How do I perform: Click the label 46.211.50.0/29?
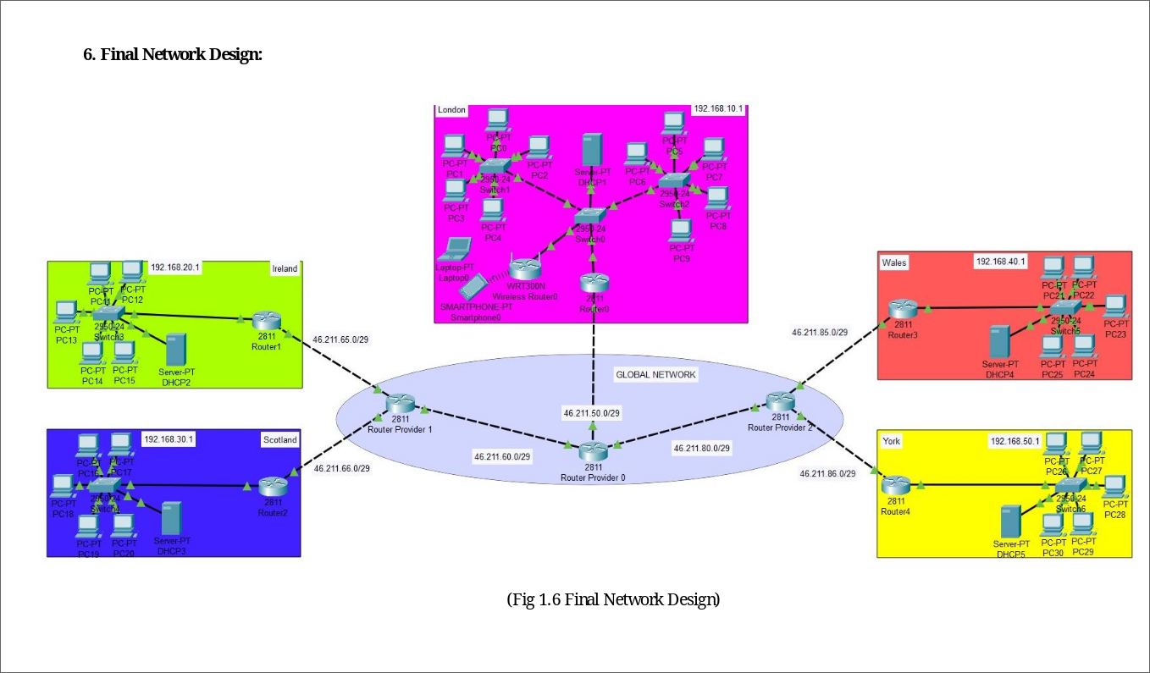(x=593, y=413)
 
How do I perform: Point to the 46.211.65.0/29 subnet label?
(x=341, y=339)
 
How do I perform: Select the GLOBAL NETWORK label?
(x=655, y=374)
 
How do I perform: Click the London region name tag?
(x=452, y=110)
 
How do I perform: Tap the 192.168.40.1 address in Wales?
(x=1000, y=262)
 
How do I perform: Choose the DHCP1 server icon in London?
(x=593, y=150)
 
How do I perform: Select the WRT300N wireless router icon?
(x=525, y=269)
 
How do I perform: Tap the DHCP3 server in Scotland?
(x=172, y=517)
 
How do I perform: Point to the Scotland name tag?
(x=280, y=439)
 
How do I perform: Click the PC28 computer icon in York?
(x=1115, y=486)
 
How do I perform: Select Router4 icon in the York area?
(x=894, y=487)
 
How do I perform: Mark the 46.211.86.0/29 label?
(x=827, y=473)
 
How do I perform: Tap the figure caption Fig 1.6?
(x=613, y=600)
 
